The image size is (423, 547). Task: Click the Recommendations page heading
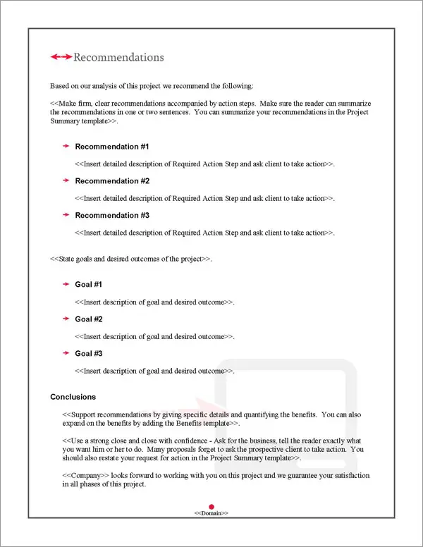(118, 57)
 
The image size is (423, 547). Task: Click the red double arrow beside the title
(61, 57)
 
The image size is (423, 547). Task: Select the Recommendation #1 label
(112, 147)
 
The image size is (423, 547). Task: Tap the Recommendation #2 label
(112, 181)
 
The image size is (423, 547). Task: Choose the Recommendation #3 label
(112, 216)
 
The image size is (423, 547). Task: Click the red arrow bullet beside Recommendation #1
(66, 147)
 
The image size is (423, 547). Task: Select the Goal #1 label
(89, 285)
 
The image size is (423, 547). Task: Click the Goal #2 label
(89, 319)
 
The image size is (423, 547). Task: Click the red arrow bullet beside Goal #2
(66, 319)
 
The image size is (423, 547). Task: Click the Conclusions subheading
(73, 397)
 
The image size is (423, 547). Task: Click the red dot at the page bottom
(211, 505)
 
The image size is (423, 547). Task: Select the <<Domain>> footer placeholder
(211, 513)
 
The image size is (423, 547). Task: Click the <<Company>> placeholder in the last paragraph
(82, 476)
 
